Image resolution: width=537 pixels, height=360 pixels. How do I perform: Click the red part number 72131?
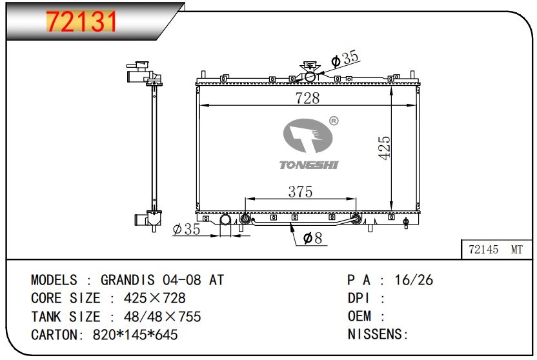[81, 21]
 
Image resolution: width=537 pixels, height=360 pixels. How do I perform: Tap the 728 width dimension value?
[307, 98]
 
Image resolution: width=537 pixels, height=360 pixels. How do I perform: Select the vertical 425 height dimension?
[384, 148]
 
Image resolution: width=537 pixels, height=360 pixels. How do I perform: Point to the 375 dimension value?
[300, 192]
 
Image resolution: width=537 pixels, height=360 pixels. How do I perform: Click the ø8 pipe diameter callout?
[312, 238]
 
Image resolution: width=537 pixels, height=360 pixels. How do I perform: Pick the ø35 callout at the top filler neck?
[345, 59]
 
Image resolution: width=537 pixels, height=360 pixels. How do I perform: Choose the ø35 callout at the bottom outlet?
[187, 229]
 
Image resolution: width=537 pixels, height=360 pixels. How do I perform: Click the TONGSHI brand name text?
[309, 165]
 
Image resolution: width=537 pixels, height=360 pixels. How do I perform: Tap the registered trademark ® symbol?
[334, 121]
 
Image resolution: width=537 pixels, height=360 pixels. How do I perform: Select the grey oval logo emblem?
[307, 136]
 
